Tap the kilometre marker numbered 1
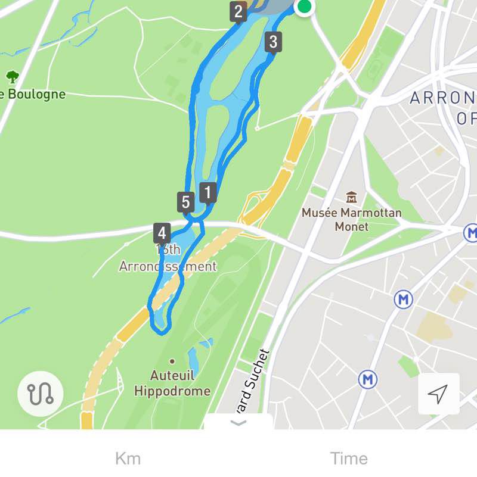(x=207, y=192)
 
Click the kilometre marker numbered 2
(x=238, y=11)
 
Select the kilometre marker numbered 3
(x=273, y=42)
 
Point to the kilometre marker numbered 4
(x=162, y=232)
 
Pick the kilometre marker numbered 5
(x=185, y=202)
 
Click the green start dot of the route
(x=304, y=7)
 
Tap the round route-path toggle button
(x=40, y=393)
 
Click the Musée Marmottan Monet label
(x=351, y=219)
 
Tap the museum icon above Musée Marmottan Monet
(x=351, y=197)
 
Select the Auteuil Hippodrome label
(x=172, y=384)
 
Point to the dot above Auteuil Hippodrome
(x=172, y=361)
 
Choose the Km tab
(x=128, y=459)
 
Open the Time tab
(x=349, y=459)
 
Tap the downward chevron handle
(x=238, y=423)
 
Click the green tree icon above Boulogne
(x=12, y=77)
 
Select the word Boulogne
(x=36, y=94)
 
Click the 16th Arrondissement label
(x=168, y=258)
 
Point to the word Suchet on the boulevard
(x=261, y=367)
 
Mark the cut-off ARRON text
(x=442, y=98)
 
